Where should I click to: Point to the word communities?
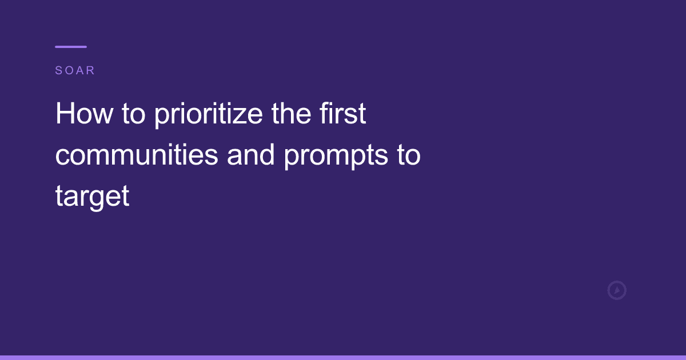coord(137,155)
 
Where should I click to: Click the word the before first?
coord(291,114)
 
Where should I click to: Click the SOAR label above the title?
coord(75,71)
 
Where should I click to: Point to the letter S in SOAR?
coord(58,71)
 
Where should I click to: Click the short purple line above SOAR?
coord(71,47)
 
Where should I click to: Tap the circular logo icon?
coord(616,290)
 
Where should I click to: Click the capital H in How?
coord(63,114)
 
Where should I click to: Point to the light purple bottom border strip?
coord(343,357)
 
